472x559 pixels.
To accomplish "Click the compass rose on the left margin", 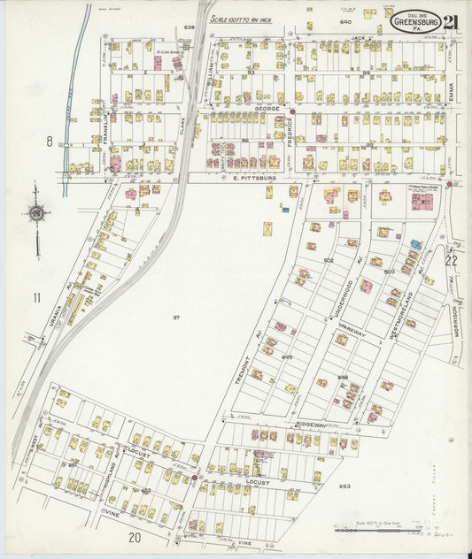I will click(x=36, y=212).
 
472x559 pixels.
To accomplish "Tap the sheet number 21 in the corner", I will click(x=453, y=22).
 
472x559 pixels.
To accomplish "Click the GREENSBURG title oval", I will click(x=415, y=22).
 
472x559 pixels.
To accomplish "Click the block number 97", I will click(x=175, y=317).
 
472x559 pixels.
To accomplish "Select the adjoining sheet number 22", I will click(x=451, y=260).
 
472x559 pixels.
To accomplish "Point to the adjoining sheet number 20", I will click(x=134, y=537).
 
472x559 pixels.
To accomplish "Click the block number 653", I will click(x=344, y=486).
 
